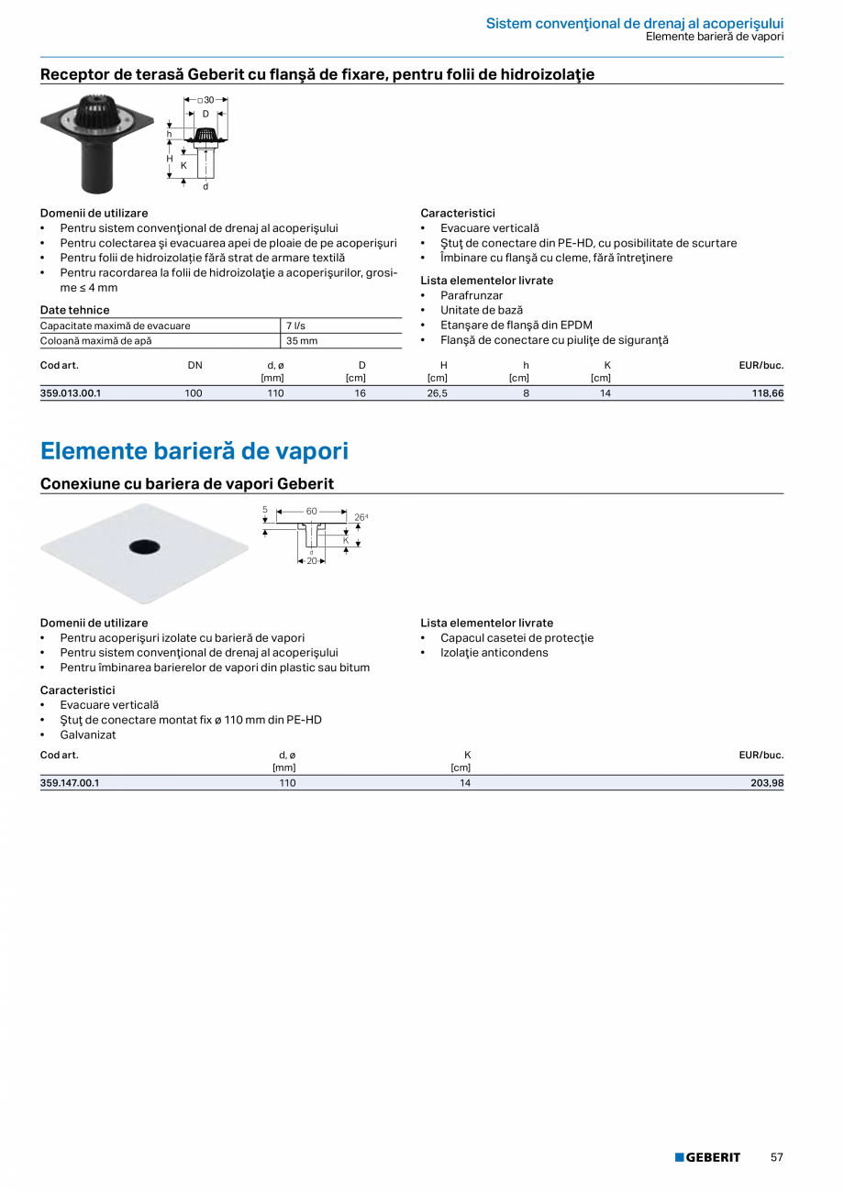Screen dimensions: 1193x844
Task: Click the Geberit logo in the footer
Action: (x=707, y=1157)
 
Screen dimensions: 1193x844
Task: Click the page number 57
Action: (x=776, y=1157)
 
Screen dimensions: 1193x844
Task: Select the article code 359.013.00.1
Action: (x=71, y=393)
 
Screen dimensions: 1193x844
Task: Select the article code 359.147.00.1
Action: (x=70, y=783)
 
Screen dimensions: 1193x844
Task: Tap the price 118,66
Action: (x=766, y=393)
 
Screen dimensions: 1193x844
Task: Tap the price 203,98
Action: (x=765, y=783)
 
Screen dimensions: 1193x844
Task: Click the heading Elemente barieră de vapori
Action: (x=194, y=451)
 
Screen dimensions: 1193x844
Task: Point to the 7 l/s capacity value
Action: (x=294, y=326)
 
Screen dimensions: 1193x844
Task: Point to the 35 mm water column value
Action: (x=302, y=341)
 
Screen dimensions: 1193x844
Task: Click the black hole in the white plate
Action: (x=143, y=547)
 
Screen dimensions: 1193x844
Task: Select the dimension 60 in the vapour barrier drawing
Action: (x=311, y=510)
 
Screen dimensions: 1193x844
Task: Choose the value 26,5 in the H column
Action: (x=437, y=393)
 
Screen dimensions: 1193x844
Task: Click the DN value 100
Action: (x=194, y=393)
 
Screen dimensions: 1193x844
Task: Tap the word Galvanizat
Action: (x=88, y=735)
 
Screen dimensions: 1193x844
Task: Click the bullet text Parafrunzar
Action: (x=472, y=295)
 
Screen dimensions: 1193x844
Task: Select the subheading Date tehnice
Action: (x=74, y=310)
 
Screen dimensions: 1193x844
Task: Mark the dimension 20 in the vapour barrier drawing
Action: (x=312, y=560)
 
